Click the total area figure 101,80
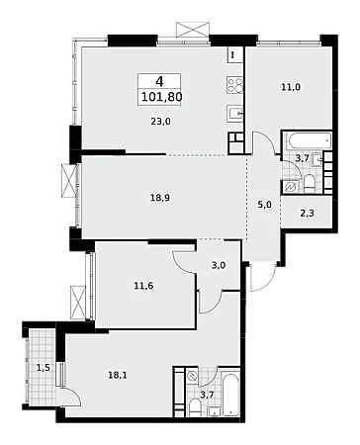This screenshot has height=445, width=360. coord(162,97)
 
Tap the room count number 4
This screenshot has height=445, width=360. coord(159,81)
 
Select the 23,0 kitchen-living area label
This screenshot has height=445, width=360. coord(161,122)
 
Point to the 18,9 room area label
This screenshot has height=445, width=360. coord(160,198)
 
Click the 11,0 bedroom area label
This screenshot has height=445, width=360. coord(291,87)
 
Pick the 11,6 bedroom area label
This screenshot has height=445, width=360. coord(143,286)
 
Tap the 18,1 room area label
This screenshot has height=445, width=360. coord(118,375)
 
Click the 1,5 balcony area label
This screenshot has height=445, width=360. coord(43,368)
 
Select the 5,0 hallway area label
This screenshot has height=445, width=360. coord(264,205)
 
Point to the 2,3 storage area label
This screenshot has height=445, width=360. coord(307,214)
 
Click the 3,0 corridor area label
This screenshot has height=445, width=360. coord(219,265)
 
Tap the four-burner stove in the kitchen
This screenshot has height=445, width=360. coord(234,84)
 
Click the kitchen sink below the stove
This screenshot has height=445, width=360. coord(234,113)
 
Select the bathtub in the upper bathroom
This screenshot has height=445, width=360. coord(310,141)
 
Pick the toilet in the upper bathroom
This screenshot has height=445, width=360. coord(310,184)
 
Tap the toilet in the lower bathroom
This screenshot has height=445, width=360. coord(195,407)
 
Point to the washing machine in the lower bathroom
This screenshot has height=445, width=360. coord(192,375)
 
